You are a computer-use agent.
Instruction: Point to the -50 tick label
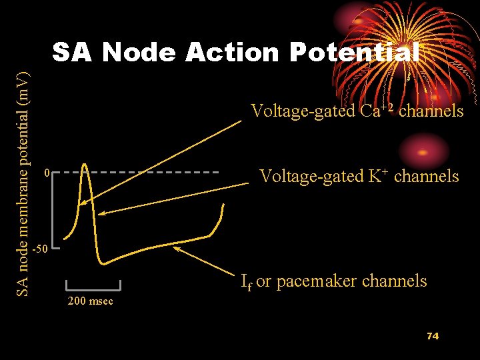41,249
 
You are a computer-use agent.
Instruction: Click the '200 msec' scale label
91,301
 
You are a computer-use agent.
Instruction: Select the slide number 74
433,336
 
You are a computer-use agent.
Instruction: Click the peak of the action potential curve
84,165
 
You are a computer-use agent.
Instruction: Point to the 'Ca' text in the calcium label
370,111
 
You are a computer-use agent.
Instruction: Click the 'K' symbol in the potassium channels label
375,177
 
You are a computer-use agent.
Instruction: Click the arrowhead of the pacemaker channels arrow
176,249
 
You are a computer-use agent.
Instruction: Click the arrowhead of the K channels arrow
102,213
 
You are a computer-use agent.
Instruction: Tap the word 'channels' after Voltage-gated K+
427,177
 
